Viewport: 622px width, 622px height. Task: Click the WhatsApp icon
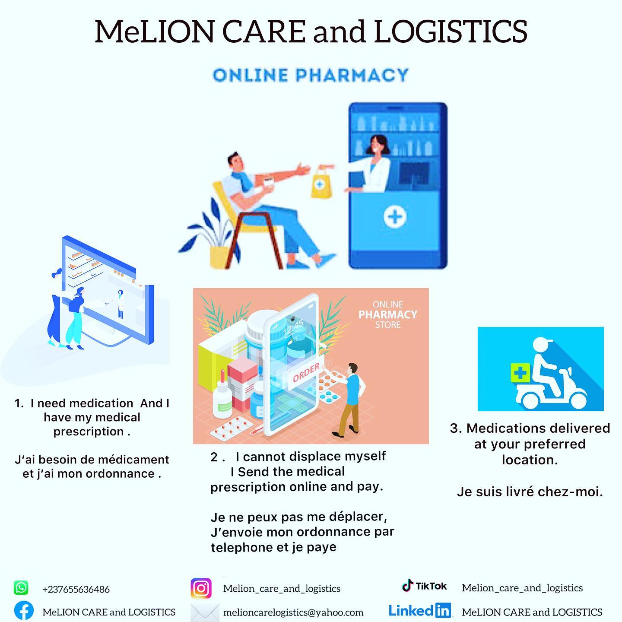pyautogui.click(x=21, y=588)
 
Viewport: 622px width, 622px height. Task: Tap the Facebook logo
pyautogui.click(x=24, y=611)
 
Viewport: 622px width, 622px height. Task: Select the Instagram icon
pyautogui.click(x=201, y=588)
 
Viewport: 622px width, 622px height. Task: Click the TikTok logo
pyautogui.click(x=424, y=586)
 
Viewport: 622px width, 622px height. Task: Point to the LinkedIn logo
pyautogui.click(x=420, y=610)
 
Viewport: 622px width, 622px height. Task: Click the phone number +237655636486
pyautogui.click(x=76, y=589)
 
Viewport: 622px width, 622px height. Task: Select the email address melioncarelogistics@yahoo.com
pyautogui.click(x=293, y=612)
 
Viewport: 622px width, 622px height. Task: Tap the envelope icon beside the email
pyautogui.click(x=205, y=612)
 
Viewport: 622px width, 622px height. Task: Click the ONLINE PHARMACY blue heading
pyautogui.click(x=311, y=75)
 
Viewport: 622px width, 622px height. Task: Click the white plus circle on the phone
pyautogui.click(x=395, y=216)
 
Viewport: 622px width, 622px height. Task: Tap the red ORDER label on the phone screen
pyautogui.click(x=306, y=372)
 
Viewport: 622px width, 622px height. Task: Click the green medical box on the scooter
pyautogui.click(x=520, y=373)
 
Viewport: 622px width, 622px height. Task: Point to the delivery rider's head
pyautogui.click(x=543, y=346)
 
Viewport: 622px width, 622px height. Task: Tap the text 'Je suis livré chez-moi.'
pyautogui.click(x=530, y=492)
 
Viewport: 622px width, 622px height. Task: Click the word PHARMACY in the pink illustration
pyautogui.click(x=388, y=314)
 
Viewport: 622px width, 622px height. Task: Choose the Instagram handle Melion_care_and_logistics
pyautogui.click(x=282, y=588)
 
